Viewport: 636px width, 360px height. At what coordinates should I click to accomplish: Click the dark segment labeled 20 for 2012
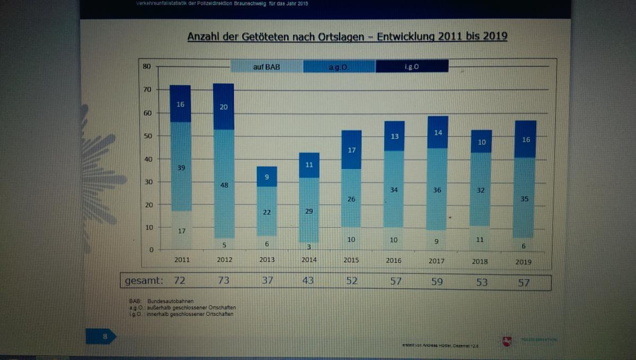tap(224, 107)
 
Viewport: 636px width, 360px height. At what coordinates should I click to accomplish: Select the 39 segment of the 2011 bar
tap(180, 166)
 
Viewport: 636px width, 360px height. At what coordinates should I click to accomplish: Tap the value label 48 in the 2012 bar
tap(224, 185)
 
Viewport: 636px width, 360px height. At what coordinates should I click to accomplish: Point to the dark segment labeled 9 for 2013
tap(267, 177)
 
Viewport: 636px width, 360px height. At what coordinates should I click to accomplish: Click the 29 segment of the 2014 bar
tap(309, 210)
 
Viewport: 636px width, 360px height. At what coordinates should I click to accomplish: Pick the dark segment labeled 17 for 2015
tap(351, 150)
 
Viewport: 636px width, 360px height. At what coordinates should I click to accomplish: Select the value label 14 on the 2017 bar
tap(437, 133)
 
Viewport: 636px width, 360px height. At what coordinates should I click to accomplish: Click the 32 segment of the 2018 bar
tap(480, 190)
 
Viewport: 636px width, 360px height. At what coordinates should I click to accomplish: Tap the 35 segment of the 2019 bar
tap(524, 198)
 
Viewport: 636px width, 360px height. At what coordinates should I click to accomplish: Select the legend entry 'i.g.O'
tap(412, 67)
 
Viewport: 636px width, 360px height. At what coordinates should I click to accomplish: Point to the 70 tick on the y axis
tap(147, 90)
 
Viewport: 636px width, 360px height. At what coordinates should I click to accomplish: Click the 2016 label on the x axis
tap(394, 260)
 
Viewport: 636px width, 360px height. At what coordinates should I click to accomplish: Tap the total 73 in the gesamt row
tap(224, 280)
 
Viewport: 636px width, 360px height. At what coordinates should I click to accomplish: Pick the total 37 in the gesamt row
tap(267, 280)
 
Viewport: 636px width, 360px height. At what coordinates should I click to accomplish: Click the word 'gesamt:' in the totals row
tap(144, 280)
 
